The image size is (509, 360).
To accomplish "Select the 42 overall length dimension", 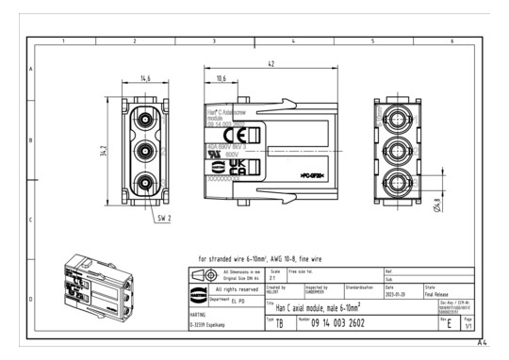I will coord(271,64).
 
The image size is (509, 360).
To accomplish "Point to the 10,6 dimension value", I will coord(220,79).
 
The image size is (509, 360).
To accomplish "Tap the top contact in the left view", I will coord(145,118).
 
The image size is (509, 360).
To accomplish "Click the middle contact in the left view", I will coord(145,151).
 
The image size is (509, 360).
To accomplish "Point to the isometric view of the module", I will coord(98,282).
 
